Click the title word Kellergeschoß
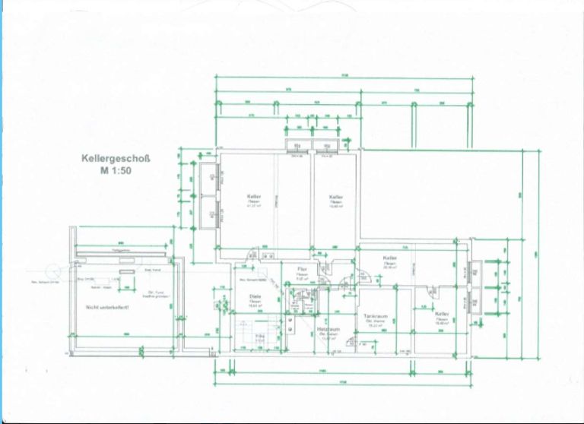[116, 160]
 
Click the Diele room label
[255, 297]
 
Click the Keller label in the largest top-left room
[254, 196]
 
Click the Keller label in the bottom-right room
[441, 313]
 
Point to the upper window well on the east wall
[474, 271]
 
